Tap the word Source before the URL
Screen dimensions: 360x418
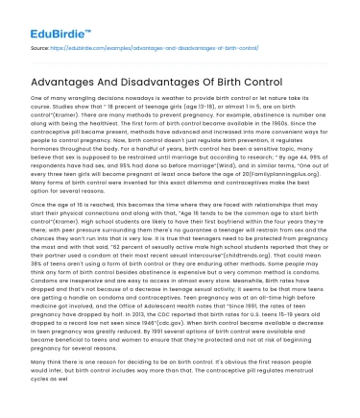[41, 45]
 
